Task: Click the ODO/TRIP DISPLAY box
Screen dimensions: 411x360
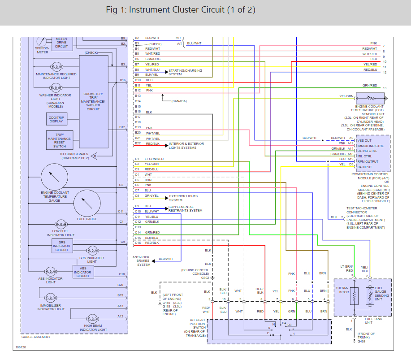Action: [56, 119]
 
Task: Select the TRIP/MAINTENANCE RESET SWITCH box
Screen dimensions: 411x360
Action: [60, 140]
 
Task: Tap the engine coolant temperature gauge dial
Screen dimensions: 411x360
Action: [55, 177]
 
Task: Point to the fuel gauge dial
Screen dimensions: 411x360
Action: [87, 203]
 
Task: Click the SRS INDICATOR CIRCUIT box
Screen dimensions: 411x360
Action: [62, 246]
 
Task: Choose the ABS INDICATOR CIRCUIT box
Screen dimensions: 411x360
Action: [83, 272]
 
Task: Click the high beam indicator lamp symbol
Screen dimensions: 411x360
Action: [92, 319]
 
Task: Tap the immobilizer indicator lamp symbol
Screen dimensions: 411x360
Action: [50, 298]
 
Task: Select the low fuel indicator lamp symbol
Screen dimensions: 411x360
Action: [61, 225]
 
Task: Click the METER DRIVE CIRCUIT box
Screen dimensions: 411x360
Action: [61, 43]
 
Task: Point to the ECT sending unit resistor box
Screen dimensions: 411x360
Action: [370, 98]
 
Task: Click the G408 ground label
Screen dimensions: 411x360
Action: [361, 341]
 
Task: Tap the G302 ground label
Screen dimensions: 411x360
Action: [205, 278]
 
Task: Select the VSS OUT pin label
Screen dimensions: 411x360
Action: [364, 140]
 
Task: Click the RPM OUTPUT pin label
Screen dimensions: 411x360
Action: [368, 161]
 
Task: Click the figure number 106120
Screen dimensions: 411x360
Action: [21, 347]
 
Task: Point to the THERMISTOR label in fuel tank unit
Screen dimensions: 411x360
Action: [342, 290]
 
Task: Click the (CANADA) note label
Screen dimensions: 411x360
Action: [179, 101]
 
